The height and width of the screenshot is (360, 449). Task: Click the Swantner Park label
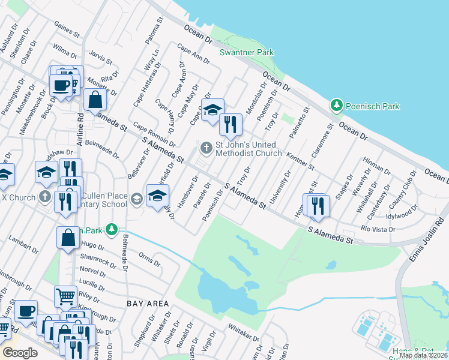247,53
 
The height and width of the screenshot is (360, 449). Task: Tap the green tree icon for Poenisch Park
337,106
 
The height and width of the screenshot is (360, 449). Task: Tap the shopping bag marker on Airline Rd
95,100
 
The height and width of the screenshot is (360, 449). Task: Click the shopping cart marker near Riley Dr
65,296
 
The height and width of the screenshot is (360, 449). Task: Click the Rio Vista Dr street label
378,229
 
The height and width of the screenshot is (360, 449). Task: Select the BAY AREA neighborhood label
148,304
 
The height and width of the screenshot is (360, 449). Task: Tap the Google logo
20,353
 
